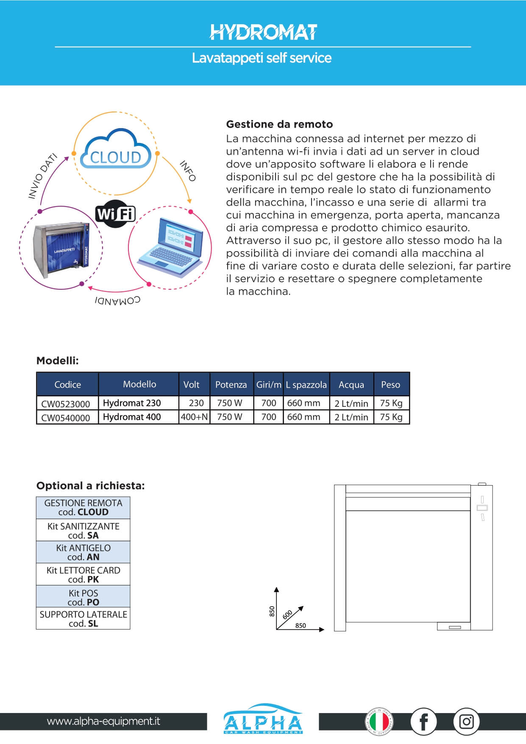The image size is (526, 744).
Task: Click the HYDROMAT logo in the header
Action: (263, 32)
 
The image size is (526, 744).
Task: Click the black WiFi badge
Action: (115, 213)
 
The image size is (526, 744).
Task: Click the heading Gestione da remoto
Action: (279, 124)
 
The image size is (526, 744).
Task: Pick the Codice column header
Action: (67, 384)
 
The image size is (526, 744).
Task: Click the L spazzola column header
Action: (306, 384)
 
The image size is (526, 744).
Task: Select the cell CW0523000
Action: (66, 403)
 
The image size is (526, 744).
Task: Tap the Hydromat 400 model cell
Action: (132, 417)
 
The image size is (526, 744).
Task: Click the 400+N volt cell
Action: (194, 417)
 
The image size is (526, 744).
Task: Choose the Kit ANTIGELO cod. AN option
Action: (83, 552)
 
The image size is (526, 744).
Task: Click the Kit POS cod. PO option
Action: (83, 597)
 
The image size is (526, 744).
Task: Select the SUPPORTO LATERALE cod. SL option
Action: (83, 619)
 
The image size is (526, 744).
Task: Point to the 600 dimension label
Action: (287, 615)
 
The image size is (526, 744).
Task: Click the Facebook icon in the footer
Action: (423, 722)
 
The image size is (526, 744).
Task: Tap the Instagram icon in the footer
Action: (466, 722)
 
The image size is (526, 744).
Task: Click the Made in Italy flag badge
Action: (379, 722)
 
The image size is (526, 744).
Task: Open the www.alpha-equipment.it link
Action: (103, 721)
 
